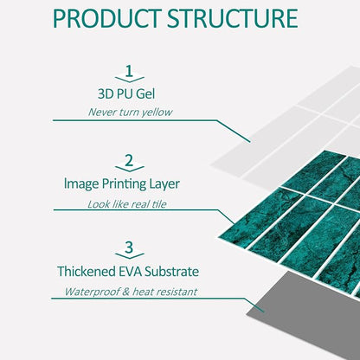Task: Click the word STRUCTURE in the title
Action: point(233,19)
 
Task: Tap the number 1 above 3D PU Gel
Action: point(129,71)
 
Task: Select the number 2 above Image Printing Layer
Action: point(129,160)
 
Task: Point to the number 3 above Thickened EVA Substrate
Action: point(129,247)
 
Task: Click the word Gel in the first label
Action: point(145,94)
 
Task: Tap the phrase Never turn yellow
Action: point(130,112)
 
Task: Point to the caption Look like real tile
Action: point(127,204)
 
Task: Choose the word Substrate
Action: point(171,272)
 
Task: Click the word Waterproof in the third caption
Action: point(92,292)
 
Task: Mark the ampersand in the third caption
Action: point(125,292)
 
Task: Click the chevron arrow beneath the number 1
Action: point(130,79)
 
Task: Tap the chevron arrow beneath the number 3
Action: point(130,255)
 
